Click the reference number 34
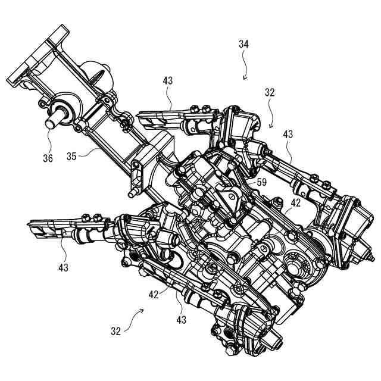point(244,44)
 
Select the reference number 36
point(48,158)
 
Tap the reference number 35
point(72,157)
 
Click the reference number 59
point(260,182)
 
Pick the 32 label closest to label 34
point(270,93)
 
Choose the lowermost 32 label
point(116,330)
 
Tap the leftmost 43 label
point(64,267)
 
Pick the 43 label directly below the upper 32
point(288,135)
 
